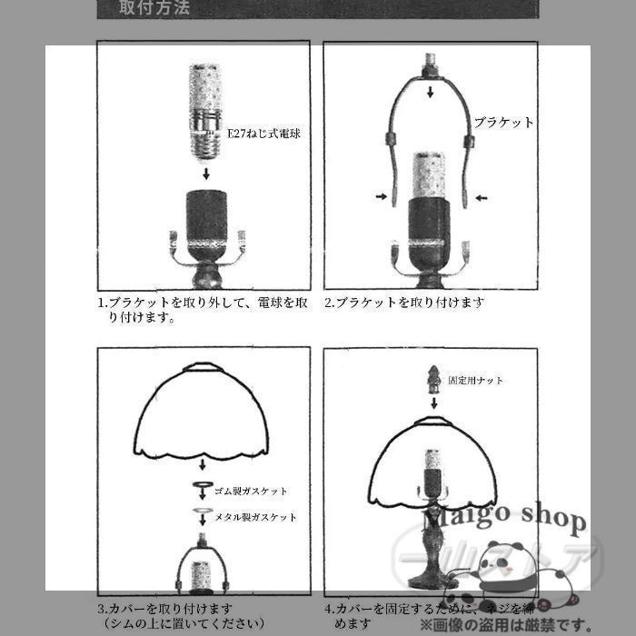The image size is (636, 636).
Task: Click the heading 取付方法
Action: tap(155, 9)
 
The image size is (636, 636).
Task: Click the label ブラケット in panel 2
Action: tap(504, 122)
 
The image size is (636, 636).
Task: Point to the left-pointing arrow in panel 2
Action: tap(480, 196)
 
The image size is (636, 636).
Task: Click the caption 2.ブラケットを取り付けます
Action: tap(405, 303)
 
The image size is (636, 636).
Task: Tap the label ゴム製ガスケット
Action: tap(251, 492)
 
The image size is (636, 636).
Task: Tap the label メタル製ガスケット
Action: tap(255, 517)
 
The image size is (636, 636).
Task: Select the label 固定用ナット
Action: tap(476, 381)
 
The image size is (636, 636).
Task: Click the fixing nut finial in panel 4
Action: tap(433, 377)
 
